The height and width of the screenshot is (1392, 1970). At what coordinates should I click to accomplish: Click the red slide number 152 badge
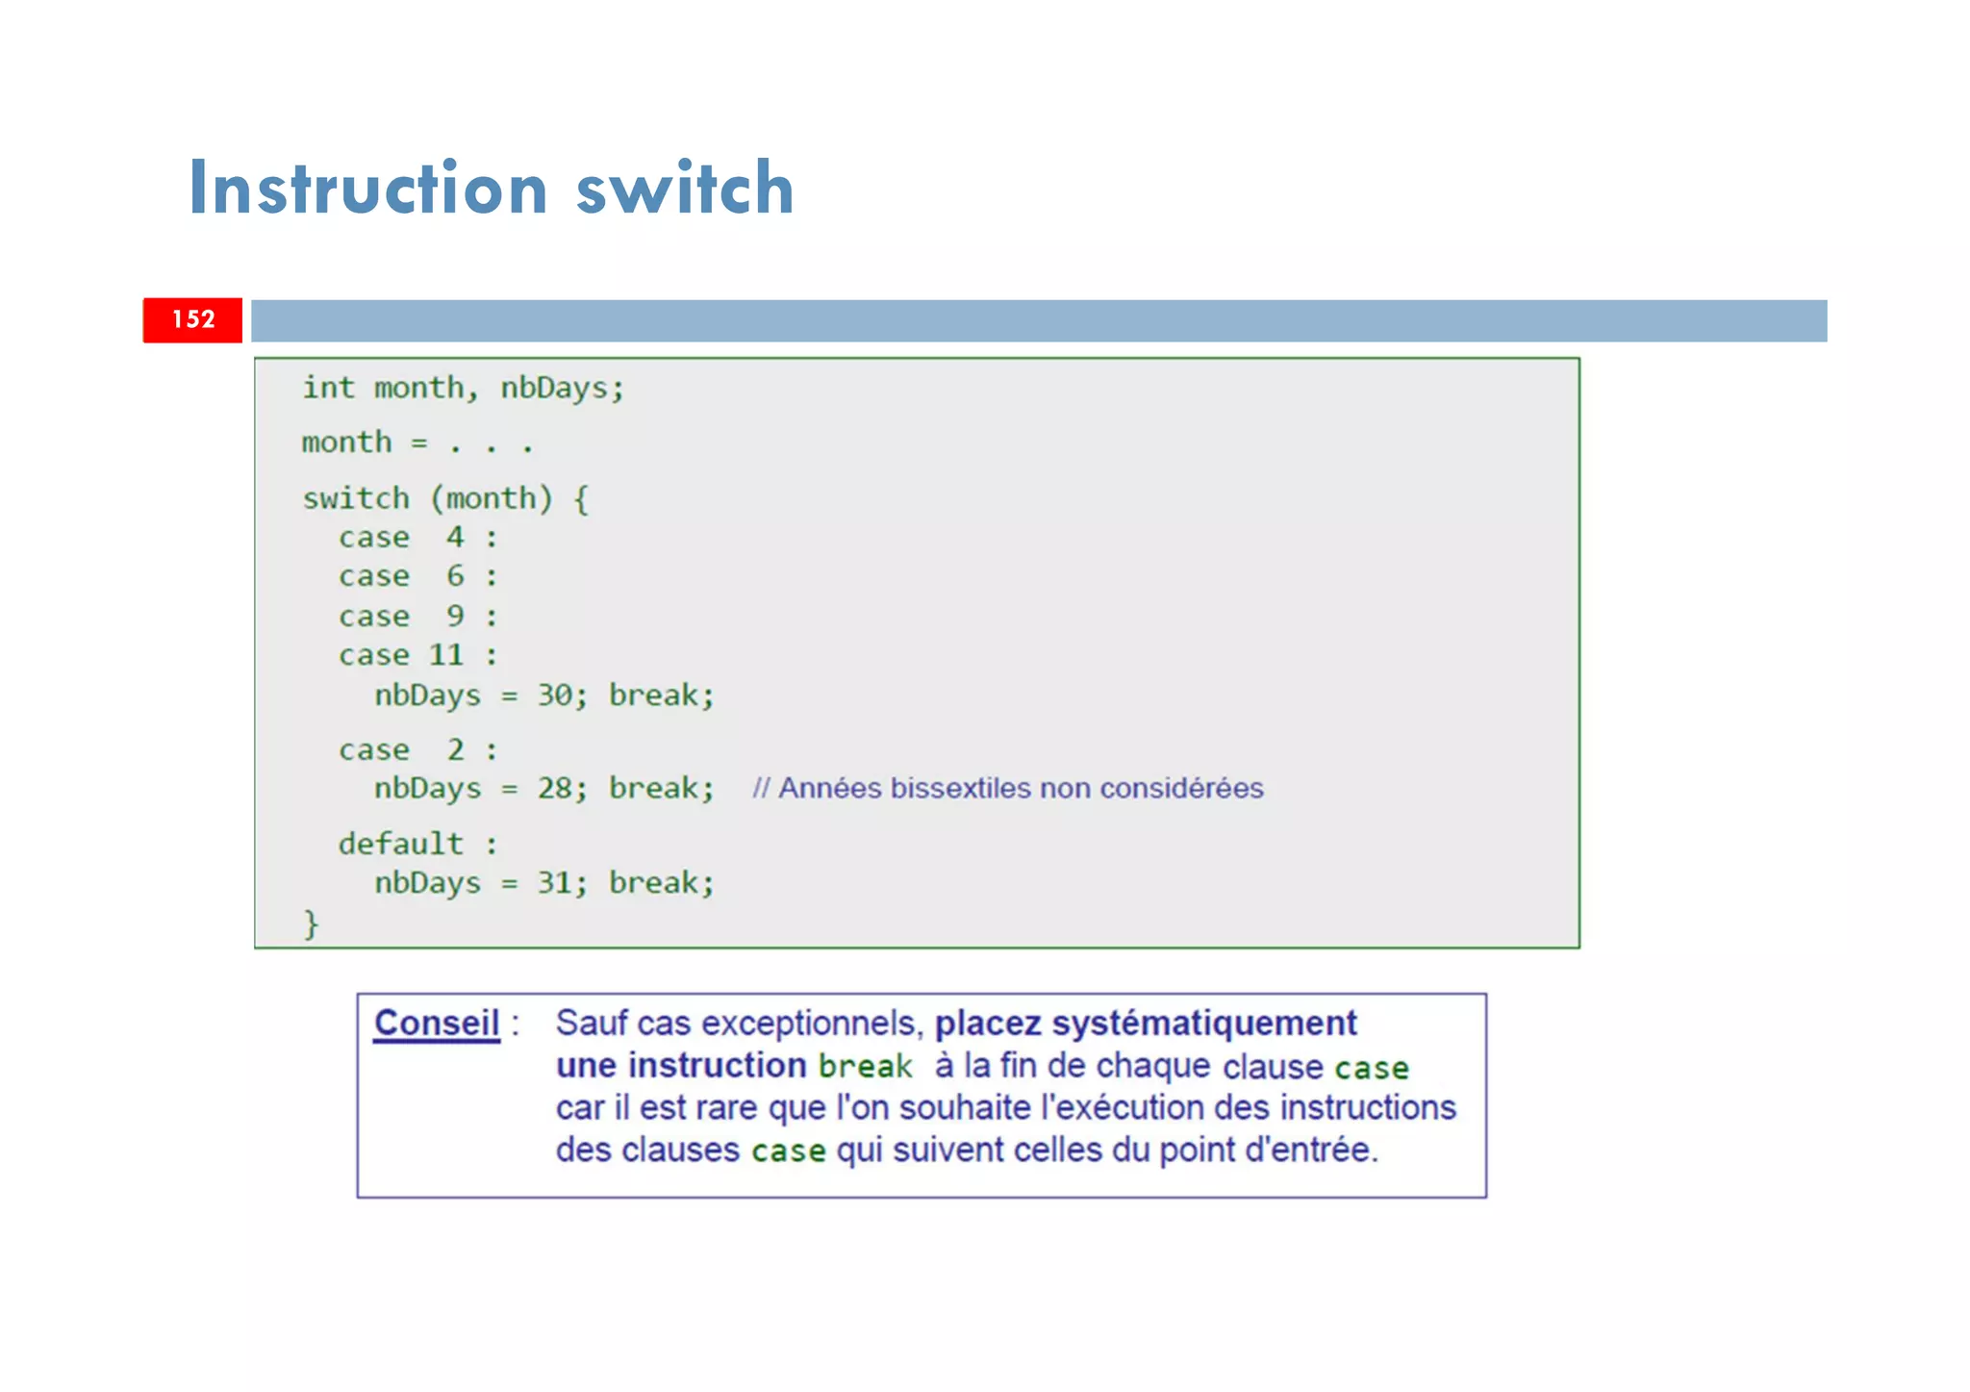192,319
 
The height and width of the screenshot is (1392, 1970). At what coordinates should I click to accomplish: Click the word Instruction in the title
368,188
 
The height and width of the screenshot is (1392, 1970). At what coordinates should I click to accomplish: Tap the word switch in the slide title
685,188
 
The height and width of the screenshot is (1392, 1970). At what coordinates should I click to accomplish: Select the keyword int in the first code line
328,388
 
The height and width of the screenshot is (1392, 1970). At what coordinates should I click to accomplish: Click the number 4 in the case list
455,537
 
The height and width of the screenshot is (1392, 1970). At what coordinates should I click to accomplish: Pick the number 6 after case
455,576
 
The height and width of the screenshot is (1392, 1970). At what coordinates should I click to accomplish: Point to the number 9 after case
455,616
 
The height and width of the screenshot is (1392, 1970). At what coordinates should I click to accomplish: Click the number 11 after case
446,655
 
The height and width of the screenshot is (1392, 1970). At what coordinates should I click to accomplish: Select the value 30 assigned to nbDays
555,695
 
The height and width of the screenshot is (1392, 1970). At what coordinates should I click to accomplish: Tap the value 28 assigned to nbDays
555,789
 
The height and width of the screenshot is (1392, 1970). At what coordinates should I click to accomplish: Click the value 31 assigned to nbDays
555,883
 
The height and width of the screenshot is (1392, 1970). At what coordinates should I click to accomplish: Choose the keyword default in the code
400,844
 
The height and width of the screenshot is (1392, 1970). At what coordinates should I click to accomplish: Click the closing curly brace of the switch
311,924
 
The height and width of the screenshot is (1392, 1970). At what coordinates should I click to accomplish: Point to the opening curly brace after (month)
581,499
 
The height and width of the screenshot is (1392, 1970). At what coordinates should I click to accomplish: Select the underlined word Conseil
437,1024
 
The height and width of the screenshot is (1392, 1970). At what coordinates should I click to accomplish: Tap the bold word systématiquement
1204,1024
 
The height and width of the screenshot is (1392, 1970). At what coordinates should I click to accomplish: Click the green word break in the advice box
865,1067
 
